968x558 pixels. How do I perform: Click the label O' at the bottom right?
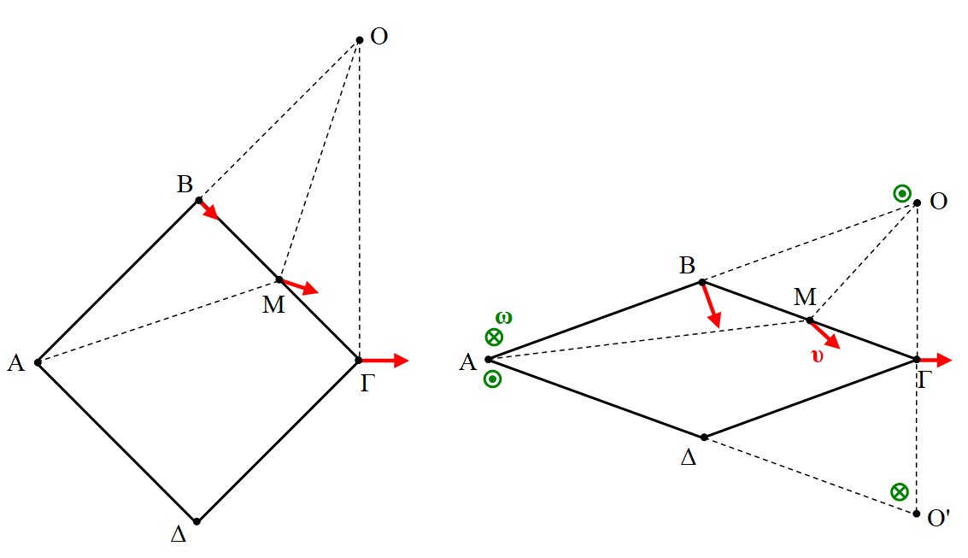pyautogui.click(x=940, y=517)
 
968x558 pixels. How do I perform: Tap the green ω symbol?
pyautogui.click(x=504, y=318)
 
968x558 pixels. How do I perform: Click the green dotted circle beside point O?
pyautogui.click(x=901, y=193)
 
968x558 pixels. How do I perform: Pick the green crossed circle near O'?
pyautogui.click(x=899, y=491)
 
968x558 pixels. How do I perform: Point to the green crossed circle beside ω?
pyautogui.click(x=493, y=337)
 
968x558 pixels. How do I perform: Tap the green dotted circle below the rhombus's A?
pyautogui.click(x=492, y=380)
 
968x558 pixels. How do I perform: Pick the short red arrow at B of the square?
pyautogui.click(x=208, y=210)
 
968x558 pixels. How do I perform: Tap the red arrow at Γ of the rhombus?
pyautogui.click(x=934, y=360)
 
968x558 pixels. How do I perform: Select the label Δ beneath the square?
pyautogui.click(x=179, y=536)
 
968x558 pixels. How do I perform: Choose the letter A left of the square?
pyautogui.click(x=15, y=363)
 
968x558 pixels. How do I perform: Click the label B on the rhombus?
pyautogui.click(x=687, y=266)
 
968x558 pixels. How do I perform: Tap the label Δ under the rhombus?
pyautogui.click(x=688, y=457)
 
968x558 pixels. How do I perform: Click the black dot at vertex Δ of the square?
pyautogui.click(x=197, y=521)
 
